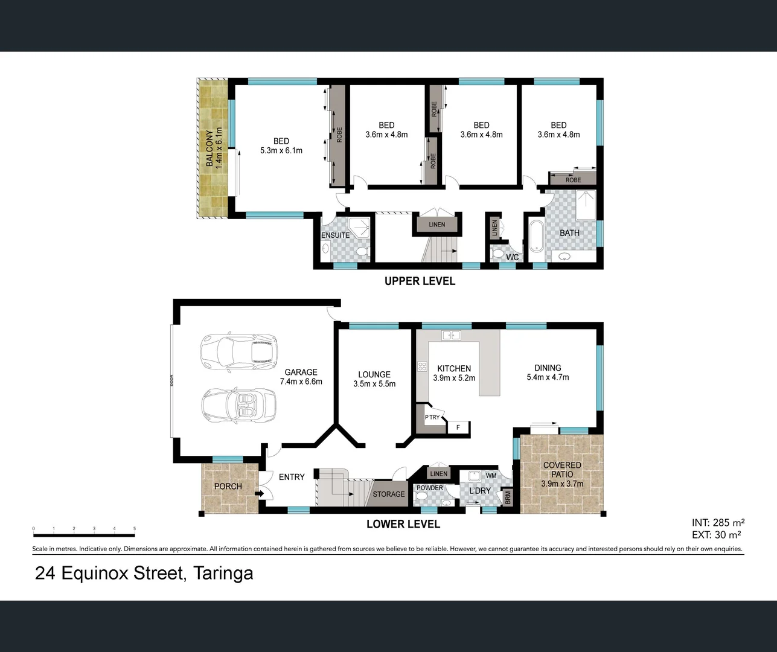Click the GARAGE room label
301,372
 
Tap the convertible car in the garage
239,405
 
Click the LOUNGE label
374,374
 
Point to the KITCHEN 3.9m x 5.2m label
454,373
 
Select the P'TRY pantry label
432,418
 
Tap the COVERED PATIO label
562,470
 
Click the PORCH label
228,487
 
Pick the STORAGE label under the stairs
389,494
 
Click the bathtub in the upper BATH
536,237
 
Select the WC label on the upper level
512,257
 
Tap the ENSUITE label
335,235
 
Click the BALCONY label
209,148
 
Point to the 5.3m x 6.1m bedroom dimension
281,150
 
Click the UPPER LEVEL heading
420,281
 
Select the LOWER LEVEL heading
403,524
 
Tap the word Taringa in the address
223,573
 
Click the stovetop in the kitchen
422,366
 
